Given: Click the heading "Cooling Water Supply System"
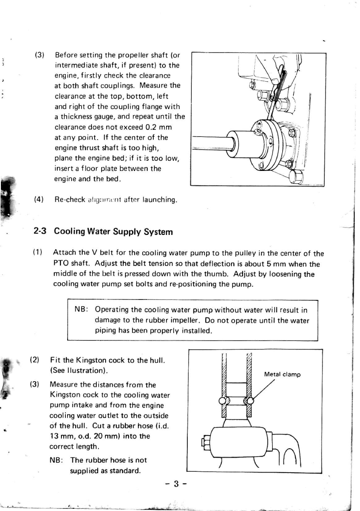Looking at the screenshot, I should (x=113, y=231).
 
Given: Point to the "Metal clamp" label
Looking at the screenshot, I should (x=282, y=374).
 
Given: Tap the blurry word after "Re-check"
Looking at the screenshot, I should (x=101, y=200).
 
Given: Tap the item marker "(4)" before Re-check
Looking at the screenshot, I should (x=39, y=200).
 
